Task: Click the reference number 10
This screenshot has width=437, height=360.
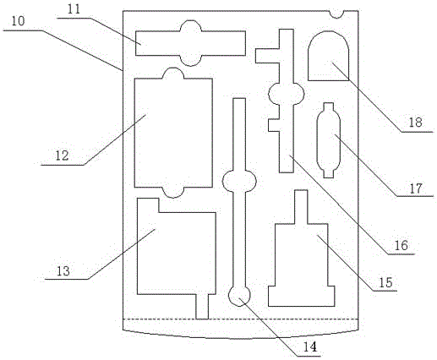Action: (x=19, y=21)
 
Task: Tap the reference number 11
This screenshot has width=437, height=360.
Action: (x=74, y=9)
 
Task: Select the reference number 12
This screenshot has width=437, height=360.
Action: (x=62, y=155)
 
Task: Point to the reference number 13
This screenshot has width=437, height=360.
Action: (x=63, y=271)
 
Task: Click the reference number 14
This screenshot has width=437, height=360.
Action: (x=310, y=347)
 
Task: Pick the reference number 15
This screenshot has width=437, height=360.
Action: (x=385, y=282)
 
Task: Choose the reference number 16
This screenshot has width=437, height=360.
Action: (x=401, y=246)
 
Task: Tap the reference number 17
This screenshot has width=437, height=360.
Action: (x=416, y=188)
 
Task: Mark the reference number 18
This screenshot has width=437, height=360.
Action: (x=416, y=123)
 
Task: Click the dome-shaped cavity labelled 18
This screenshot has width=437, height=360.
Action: (x=329, y=56)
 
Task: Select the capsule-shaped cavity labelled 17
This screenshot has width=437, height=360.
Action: (x=329, y=140)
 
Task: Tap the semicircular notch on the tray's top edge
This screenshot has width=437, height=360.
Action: (x=336, y=14)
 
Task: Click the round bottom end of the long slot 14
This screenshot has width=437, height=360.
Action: (x=239, y=297)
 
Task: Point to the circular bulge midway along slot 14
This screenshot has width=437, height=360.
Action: (x=239, y=182)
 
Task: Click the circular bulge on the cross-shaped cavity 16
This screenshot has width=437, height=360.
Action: (x=287, y=94)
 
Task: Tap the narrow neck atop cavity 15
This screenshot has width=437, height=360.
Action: (x=301, y=207)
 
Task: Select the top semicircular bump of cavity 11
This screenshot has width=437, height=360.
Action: (x=191, y=25)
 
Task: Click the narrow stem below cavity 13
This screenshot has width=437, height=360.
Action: (x=202, y=307)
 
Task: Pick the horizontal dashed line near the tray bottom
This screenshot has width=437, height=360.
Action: (x=241, y=319)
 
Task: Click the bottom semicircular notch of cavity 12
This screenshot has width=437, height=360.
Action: (x=173, y=193)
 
